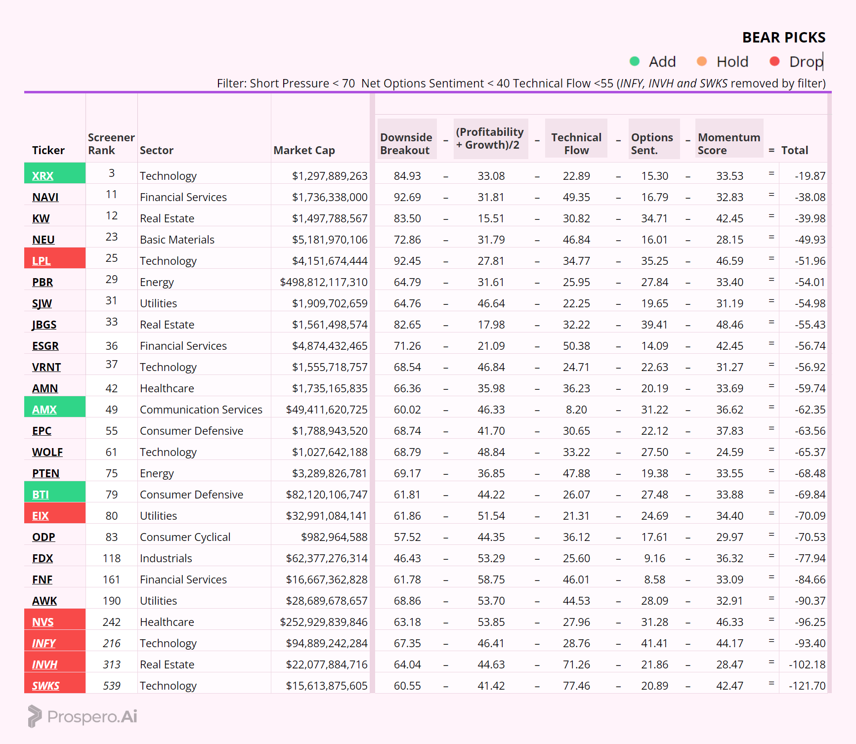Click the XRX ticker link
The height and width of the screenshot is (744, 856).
coord(43,176)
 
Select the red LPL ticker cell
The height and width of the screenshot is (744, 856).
coord(54,259)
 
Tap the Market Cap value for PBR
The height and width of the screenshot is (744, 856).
coord(323,282)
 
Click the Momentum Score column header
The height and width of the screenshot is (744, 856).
coord(728,143)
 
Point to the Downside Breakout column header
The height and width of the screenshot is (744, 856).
coord(406,143)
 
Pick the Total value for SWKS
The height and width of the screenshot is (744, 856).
coord(807,686)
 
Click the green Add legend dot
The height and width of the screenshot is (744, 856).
coord(635,61)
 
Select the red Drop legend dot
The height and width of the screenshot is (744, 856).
coord(774,61)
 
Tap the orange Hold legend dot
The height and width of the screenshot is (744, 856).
coord(702,61)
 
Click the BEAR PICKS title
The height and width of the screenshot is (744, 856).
coord(783,38)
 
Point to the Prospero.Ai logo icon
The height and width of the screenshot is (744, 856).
coord(35,716)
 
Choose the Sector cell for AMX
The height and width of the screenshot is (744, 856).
coord(201,410)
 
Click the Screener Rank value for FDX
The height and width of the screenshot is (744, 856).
coord(112,558)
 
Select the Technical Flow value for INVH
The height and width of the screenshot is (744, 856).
coord(576,664)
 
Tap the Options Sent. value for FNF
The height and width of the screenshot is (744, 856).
coord(654,579)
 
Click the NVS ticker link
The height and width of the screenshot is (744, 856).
coord(43,622)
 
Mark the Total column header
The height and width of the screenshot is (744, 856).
coord(794,150)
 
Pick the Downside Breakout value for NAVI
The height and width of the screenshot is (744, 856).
coord(407,197)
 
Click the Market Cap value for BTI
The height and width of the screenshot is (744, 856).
coord(326,495)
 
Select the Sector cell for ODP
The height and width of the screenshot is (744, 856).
coord(185,537)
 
